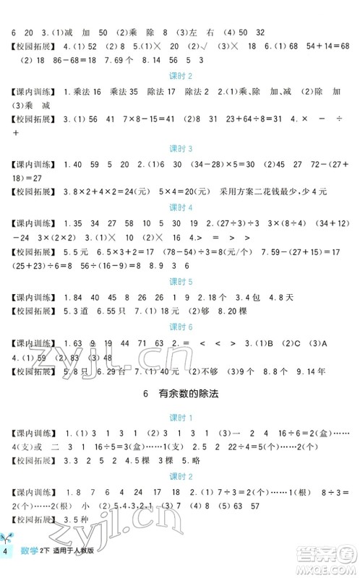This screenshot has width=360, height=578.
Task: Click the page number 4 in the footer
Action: [x=7, y=553]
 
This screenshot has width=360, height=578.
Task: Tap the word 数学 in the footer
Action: [x=28, y=553]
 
